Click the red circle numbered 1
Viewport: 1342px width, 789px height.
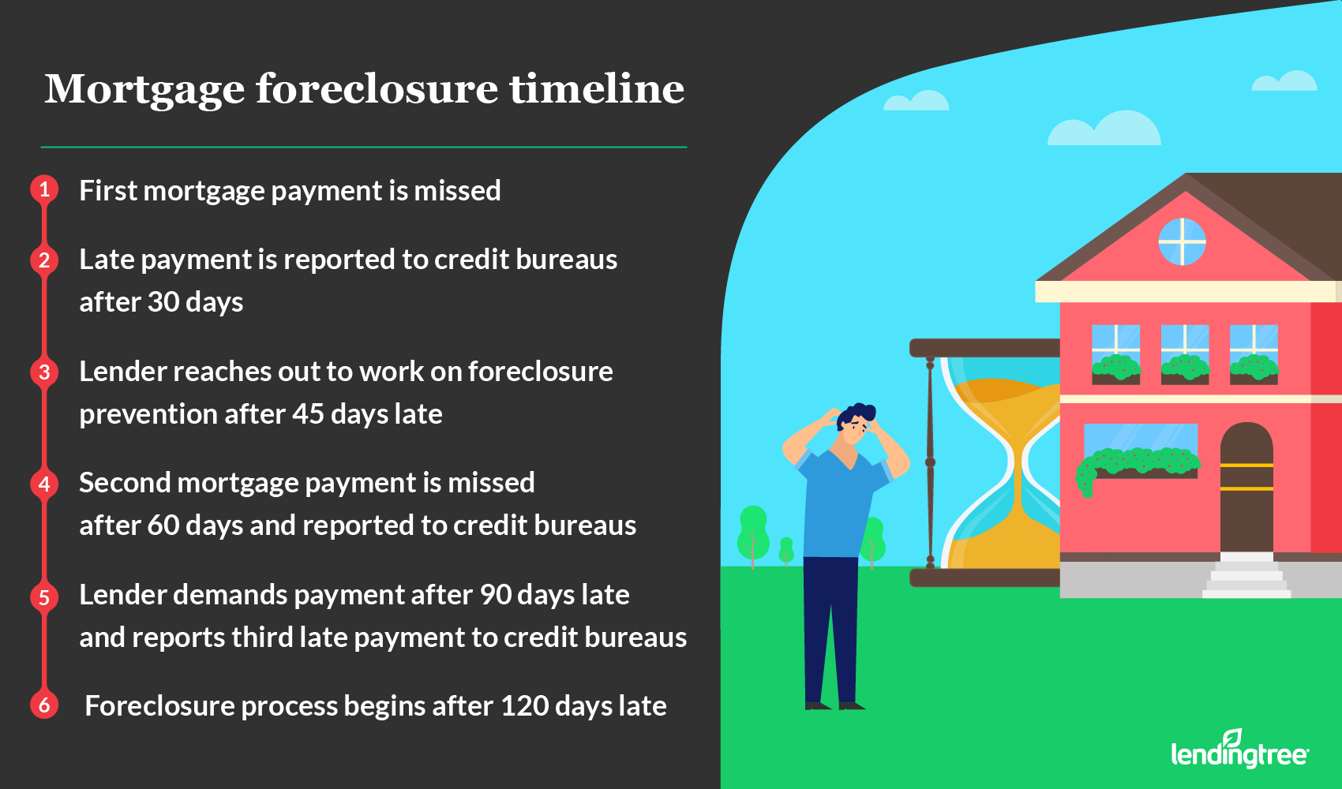[44, 189]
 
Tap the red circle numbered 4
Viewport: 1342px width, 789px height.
[44, 484]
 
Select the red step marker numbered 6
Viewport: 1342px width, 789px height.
[44, 705]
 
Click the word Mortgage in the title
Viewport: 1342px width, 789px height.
[144, 91]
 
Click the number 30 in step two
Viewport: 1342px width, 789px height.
[163, 301]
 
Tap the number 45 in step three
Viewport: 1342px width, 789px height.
[308, 414]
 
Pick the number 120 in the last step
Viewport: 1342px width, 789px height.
[523, 706]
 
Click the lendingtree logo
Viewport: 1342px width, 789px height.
[1239, 749]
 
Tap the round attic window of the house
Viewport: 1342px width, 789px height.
[1182, 242]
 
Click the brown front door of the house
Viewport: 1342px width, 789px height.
[1246, 487]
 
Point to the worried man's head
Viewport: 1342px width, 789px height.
[856, 424]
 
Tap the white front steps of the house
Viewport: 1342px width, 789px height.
[1246, 575]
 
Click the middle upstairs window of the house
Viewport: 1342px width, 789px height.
[1184, 354]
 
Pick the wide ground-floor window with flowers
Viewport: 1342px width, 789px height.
[1141, 451]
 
